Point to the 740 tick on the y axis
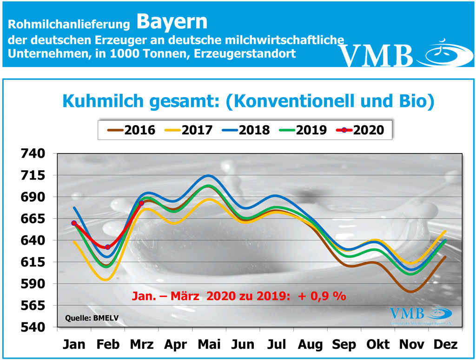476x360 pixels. click(33, 153)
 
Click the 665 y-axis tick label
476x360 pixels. click(33, 219)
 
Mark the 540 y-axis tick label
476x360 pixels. click(33, 327)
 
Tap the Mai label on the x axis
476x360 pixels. click(209, 345)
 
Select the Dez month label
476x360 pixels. click(445, 345)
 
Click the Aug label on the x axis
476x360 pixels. click(310, 345)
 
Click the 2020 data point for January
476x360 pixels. click(74, 223)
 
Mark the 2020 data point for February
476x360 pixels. click(107, 247)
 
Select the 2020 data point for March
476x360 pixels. click(141, 203)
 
